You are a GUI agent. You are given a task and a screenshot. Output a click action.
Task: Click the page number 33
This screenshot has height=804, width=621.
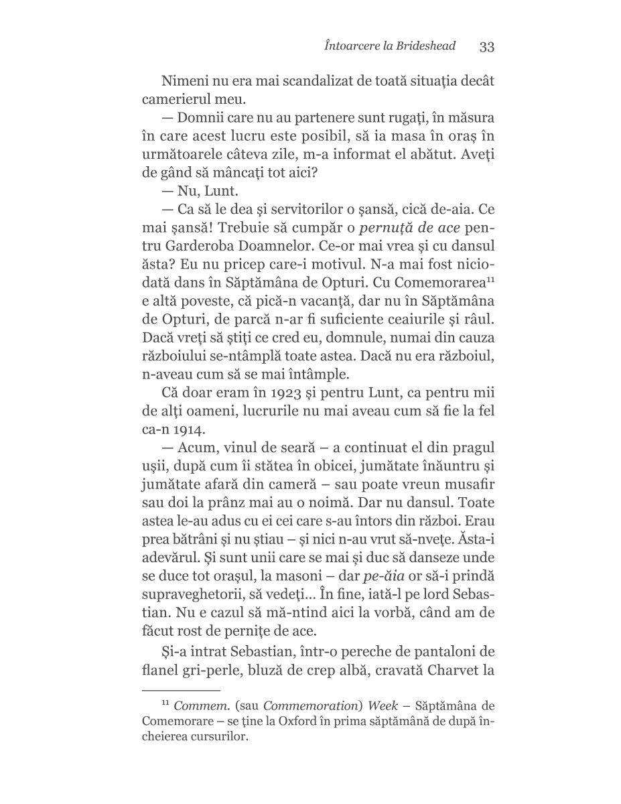[x=486, y=46]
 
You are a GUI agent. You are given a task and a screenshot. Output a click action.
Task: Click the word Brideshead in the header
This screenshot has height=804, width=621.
[x=423, y=46]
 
